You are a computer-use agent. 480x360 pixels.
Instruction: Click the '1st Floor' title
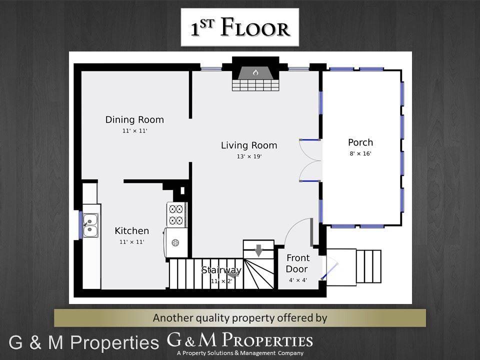click(x=240, y=28)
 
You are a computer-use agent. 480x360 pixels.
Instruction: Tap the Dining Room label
click(x=134, y=120)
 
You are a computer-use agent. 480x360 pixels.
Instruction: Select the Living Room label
click(x=249, y=145)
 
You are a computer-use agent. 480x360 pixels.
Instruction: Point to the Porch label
click(x=360, y=142)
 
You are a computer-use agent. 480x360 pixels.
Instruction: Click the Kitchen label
click(x=132, y=231)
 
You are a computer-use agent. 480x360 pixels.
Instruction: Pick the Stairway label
click(x=221, y=270)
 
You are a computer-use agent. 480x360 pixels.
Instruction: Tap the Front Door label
click(x=297, y=263)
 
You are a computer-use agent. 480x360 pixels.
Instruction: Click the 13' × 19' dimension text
click(x=249, y=156)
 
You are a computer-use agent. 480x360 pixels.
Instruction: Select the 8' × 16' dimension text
click(x=360, y=153)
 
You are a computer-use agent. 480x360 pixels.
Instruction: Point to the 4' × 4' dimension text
click(x=297, y=280)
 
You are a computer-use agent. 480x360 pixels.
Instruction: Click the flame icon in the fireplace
click(x=255, y=72)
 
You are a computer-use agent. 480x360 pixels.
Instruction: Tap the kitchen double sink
click(x=90, y=225)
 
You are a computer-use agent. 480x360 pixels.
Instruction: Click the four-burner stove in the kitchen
click(x=176, y=214)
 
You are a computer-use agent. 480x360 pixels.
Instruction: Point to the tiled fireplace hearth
click(x=255, y=85)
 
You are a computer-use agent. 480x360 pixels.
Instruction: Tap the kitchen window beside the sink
click(x=80, y=224)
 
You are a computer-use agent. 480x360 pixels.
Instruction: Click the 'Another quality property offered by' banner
click(x=240, y=318)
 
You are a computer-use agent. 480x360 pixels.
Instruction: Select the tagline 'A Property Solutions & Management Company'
click(x=240, y=353)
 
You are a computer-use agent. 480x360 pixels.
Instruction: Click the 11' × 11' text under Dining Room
click(x=134, y=131)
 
